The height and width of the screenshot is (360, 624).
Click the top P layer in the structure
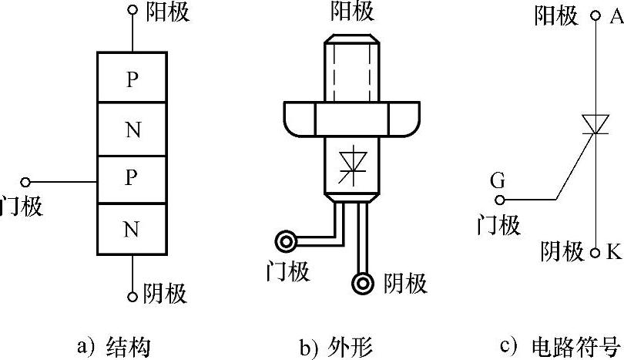tap(132, 78)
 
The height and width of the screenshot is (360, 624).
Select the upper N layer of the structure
tap(132, 129)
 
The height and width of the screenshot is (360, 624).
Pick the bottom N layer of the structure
tap(132, 229)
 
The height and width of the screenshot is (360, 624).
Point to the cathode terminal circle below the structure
tap(133, 294)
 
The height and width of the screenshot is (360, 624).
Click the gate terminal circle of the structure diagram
tap(25, 182)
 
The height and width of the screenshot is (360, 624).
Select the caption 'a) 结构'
tap(114, 345)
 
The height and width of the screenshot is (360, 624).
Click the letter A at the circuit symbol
tap(615, 16)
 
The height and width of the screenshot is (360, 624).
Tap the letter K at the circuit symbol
tap(614, 252)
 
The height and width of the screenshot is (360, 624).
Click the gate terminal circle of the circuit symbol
tap(500, 200)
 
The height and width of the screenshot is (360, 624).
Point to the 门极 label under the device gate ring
tap(287, 271)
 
